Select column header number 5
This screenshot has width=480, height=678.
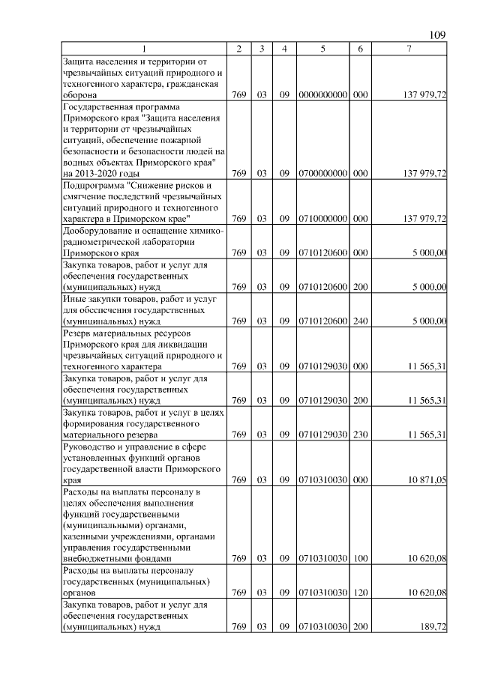point(322,49)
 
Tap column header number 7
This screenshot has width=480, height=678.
point(408,49)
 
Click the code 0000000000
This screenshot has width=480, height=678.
point(322,97)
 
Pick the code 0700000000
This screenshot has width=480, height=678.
point(322,174)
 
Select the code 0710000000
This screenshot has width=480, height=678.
point(322,219)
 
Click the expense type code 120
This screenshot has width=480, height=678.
point(360,593)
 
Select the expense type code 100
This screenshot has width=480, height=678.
point(360,559)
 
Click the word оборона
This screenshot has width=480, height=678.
point(80,97)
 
